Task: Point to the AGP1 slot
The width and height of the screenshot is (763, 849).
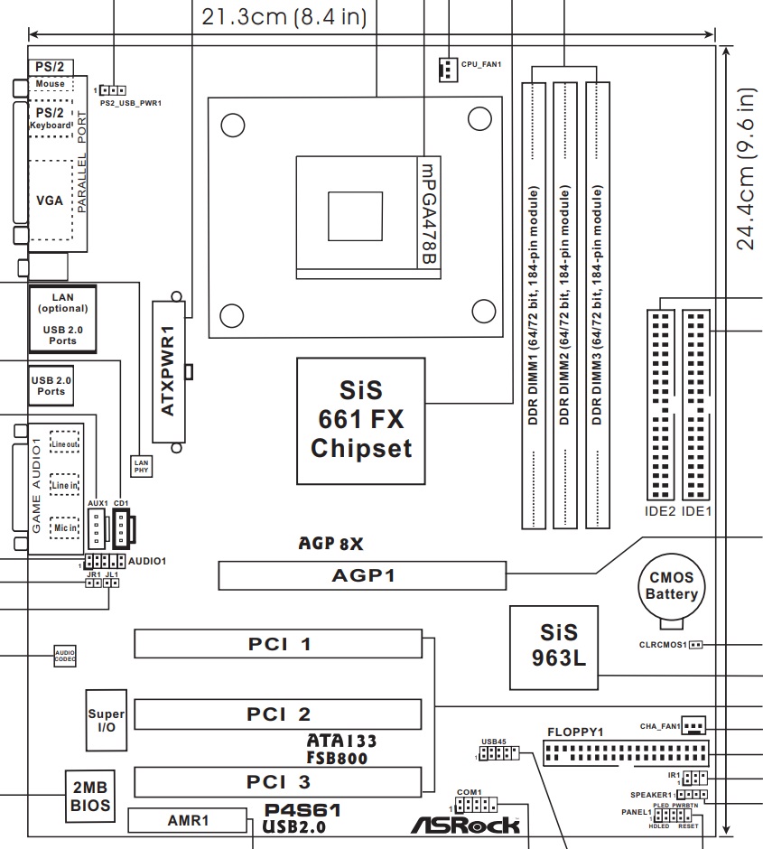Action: (362, 575)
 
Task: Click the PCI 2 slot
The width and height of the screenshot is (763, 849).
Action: (278, 714)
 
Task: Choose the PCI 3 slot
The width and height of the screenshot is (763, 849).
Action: (278, 780)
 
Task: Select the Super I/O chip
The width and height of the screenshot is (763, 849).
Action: (107, 722)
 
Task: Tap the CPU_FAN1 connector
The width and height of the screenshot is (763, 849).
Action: (446, 69)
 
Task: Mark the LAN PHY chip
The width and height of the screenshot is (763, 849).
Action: (141, 465)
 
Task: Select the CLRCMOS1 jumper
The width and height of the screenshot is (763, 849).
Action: (697, 646)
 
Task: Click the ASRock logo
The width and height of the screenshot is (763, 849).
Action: (466, 824)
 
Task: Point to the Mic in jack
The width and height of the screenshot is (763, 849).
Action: (63, 527)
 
